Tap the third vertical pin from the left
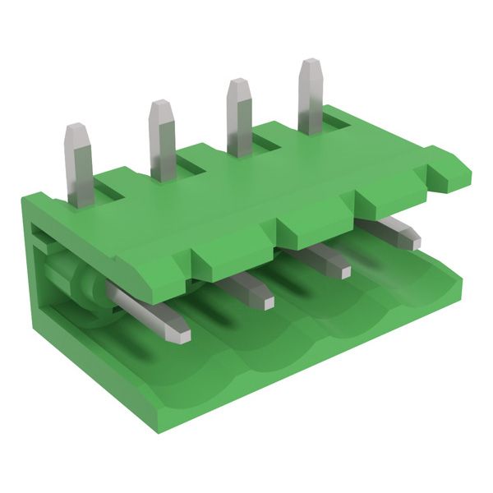(239, 119)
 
